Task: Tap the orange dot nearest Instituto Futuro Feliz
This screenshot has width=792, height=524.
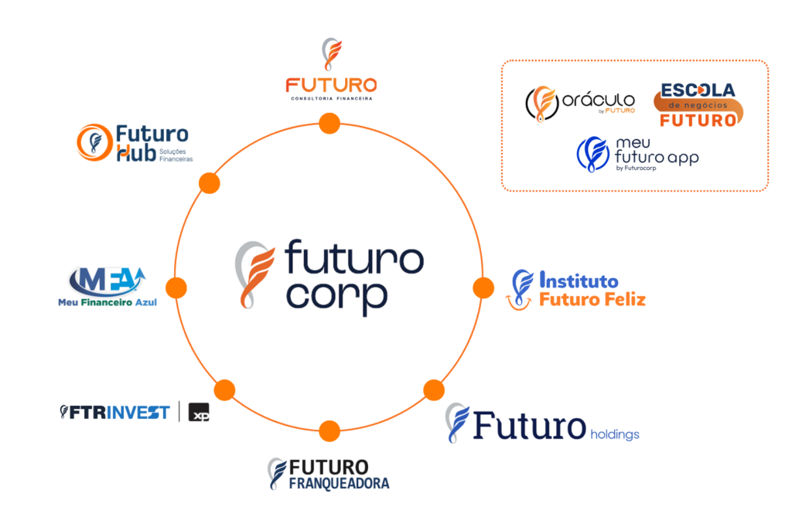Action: coord(483,288)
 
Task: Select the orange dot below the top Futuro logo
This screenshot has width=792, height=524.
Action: coord(329,123)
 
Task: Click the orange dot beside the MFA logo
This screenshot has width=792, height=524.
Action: coord(176,288)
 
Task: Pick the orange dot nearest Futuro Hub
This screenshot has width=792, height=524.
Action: coord(209,183)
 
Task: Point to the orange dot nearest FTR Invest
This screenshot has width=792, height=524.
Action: coord(224,390)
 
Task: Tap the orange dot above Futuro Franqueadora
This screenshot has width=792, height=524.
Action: coord(329,430)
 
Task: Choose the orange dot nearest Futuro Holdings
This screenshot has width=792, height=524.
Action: coord(434,390)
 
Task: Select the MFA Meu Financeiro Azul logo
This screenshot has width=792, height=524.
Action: coord(107,284)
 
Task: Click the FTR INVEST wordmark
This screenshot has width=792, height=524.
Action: coord(116,413)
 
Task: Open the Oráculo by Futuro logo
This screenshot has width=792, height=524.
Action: coord(580,104)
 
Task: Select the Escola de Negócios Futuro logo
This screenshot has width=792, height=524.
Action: coord(698,105)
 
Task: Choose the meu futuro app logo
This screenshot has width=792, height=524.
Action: coord(637,153)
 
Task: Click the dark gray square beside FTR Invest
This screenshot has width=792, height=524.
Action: coord(199,413)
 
